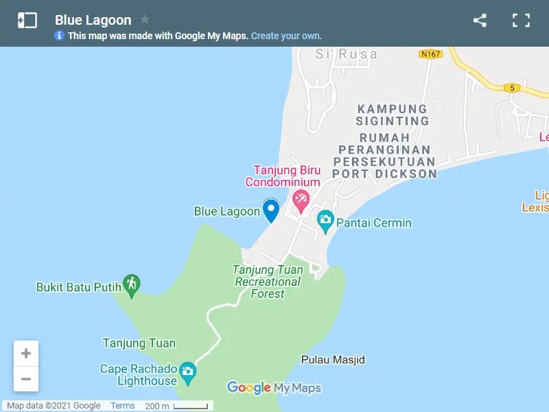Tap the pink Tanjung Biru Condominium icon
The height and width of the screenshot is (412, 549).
[x=301, y=201]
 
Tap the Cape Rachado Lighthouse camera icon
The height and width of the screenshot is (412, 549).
[x=188, y=374]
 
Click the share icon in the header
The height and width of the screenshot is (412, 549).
[x=480, y=21]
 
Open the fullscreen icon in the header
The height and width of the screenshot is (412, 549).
[x=522, y=21]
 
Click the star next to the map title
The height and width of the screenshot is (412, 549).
[x=145, y=19]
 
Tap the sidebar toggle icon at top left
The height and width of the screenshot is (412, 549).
[x=27, y=21]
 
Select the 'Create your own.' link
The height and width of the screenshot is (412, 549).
[x=286, y=36]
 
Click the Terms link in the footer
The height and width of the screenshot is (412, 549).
[x=123, y=406]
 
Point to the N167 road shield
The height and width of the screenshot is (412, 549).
[x=432, y=54]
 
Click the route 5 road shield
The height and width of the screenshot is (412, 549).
[x=511, y=87]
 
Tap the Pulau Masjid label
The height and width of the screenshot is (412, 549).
[x=333, y=360]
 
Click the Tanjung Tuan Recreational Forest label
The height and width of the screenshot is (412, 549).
[x=268, y=282]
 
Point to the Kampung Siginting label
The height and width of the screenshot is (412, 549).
[x=393, y=115]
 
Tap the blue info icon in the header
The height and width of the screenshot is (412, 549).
[x=60, y=36]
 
